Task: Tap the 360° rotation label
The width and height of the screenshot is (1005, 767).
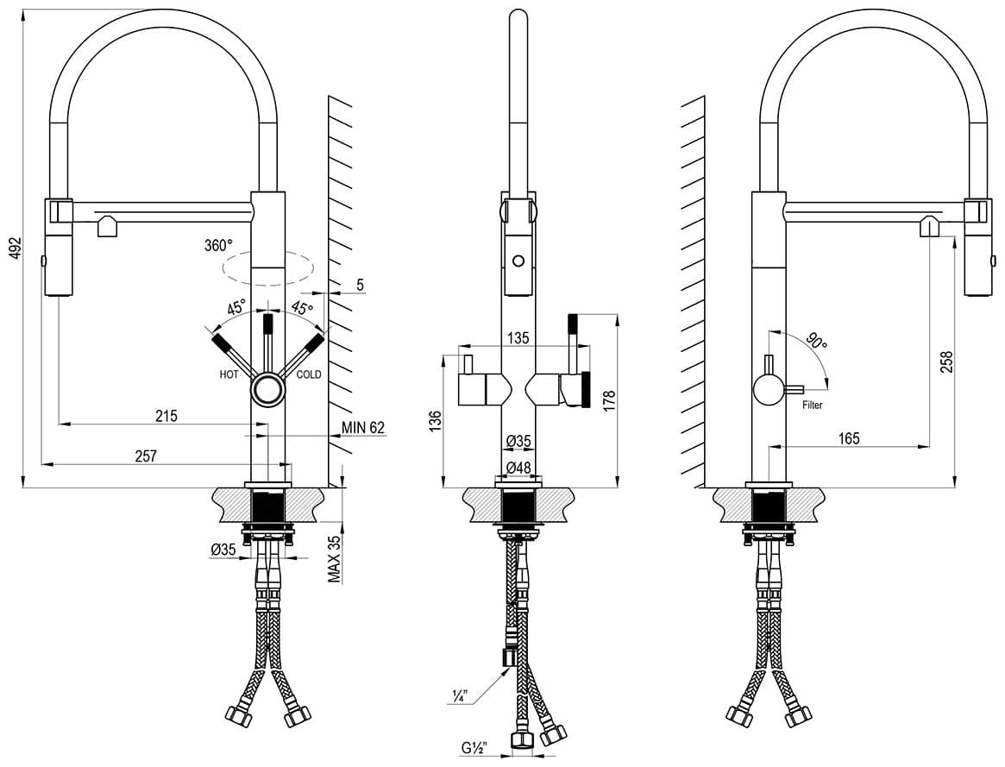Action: click(218, 245)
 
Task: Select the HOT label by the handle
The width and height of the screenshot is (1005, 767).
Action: click(229, 374)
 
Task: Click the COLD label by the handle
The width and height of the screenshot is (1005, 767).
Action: click(308, 374)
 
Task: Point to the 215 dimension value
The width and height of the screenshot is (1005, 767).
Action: click(166, 416)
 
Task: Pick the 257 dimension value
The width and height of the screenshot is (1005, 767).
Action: click(146, 456)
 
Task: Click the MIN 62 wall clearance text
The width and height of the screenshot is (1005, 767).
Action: click(363, 427)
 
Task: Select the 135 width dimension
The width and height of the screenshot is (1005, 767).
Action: click(518, 337)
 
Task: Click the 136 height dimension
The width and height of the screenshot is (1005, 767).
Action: click(435, 422)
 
